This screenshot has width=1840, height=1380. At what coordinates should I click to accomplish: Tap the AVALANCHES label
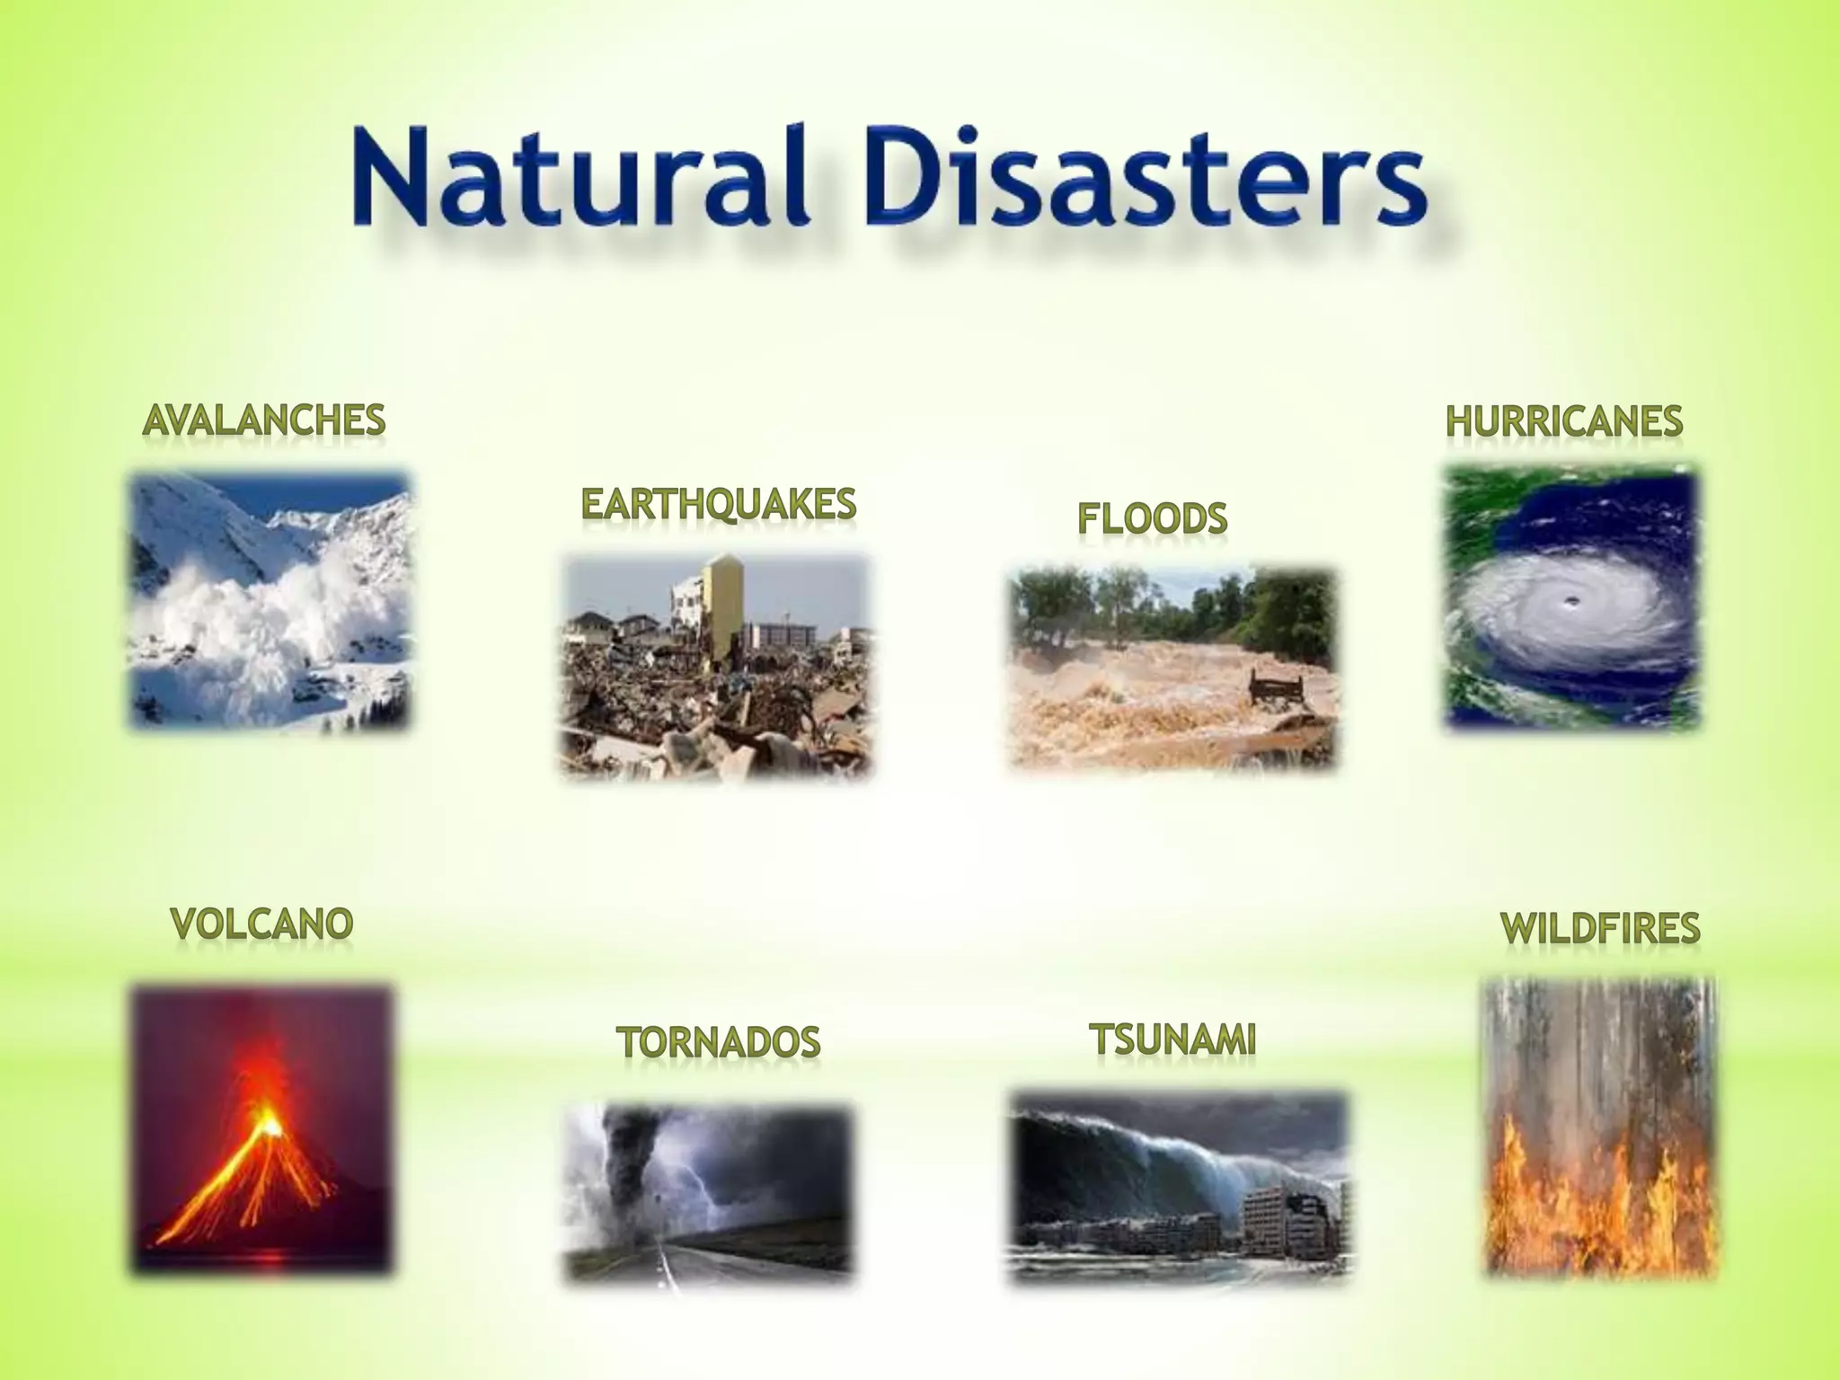[x=264, y=420]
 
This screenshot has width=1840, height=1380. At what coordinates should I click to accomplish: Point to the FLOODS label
[x=1152, y=518]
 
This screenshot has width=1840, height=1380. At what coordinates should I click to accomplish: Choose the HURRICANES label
[x=1563, y=421]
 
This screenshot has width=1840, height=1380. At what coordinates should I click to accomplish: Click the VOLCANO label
[x=261, y=924]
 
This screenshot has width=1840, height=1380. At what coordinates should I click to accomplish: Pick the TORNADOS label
[x=718, y=1042]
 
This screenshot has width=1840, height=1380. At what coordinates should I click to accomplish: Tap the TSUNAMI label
[x=1172, y=1039]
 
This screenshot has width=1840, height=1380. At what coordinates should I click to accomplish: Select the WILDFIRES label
[x=1600, y=928]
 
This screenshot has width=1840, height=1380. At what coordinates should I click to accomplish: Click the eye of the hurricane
[x=1570, y=601]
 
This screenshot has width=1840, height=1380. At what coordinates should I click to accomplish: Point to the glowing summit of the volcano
[x=268, y=1123]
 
